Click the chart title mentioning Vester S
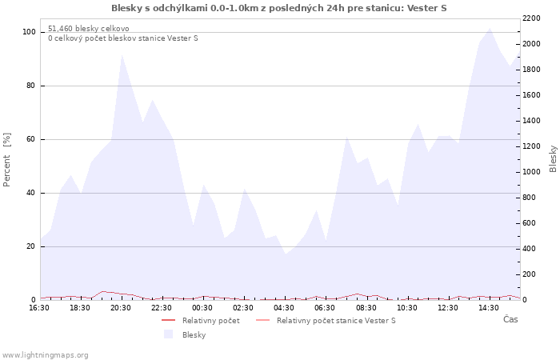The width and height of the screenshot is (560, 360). pyautogui.click(x=279, y=8)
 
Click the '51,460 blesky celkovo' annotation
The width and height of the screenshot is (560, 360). pyautogui.click(x=89, y=29)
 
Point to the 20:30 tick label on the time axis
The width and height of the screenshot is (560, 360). pyautogui.click(x=121, y=308)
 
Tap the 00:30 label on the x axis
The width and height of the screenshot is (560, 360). pyautogui.click(x=202, y=308)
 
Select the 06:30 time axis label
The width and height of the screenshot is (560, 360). pyautogui.click(x=325, y=308)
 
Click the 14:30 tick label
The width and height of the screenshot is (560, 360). pyautogui.click(x=489, y=308)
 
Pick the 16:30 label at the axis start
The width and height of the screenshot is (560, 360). pyautogui.click(x=39, y=308)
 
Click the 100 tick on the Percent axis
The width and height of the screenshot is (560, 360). pyautogui.click(x=29, y=32)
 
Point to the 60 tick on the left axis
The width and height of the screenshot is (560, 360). pyautogui.click(x=30, y=139)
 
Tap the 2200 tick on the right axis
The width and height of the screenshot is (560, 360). pyautogui.click(x=531, y=18)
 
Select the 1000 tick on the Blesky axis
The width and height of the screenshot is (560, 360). pyautogui.click(x=531, y=172)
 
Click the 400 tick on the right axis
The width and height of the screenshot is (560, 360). pyautogui.click(x=530, y=249)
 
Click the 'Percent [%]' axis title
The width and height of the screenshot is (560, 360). pyautogui.click(x=6, y=160)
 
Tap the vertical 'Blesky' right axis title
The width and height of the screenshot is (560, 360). pyautogui.click(x=553, y=159)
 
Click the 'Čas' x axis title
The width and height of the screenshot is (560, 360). pyautogui.click(x=510, y=319)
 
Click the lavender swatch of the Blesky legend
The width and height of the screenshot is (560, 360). pyautogui.click(x=168, y=334)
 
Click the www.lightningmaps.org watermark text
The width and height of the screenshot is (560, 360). pyautogui.click(x=44, y=355)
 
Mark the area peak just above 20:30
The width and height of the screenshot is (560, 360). pyautogui.click(x=122, y=54)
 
